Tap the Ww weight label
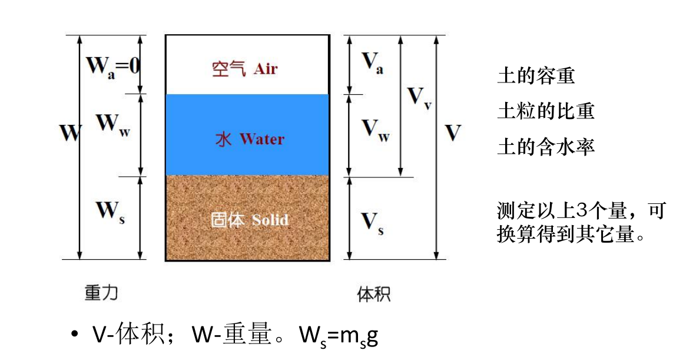(113, 124)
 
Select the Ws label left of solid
(111, 212)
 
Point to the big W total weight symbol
(70, 133)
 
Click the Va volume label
(372, 63)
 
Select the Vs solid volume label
(372, 224)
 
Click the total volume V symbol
(453, 133)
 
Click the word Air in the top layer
(266, 69)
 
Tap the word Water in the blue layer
(262, 139)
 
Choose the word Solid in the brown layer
(270, 219)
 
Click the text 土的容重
(536, 75)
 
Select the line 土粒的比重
(546, 111)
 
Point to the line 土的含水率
(546, 147)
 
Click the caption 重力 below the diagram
(102, 292)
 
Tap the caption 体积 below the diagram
(374, 294)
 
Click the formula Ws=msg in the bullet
(339, 336)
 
